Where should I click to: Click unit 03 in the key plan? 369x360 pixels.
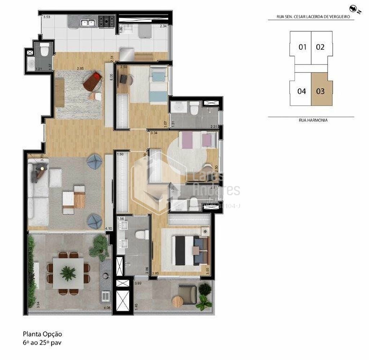click(x=320, y=91)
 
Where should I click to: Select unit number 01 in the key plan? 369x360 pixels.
click(x=302, y=47)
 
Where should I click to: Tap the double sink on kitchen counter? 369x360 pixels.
click(x=88, y=23)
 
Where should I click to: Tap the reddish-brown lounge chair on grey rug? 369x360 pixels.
click(x=93, y=81)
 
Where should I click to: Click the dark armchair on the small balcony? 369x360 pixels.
click(x=188, y=294)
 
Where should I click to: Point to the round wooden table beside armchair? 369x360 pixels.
click(x=178, y=301)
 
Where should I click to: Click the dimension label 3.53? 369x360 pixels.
click(x=46, y=17)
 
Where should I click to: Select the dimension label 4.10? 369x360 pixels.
click(x=108, y=229)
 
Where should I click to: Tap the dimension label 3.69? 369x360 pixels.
click(x=138, y=284)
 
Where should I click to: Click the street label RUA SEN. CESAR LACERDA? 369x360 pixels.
click(x=311, y=17)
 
